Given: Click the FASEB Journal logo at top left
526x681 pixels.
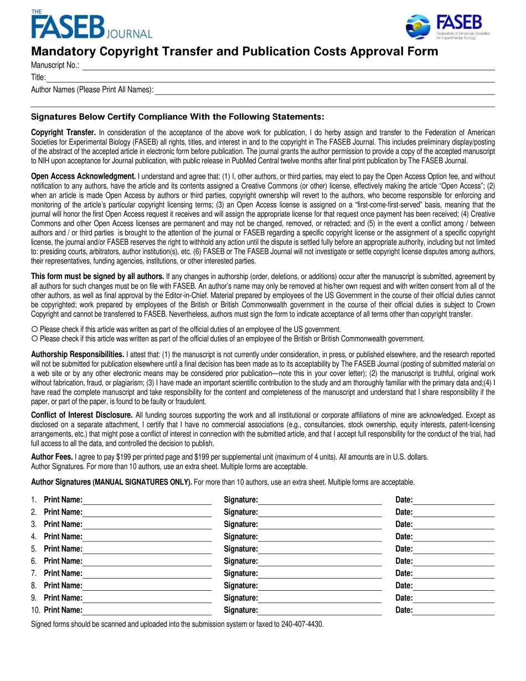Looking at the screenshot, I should tap(91, 25).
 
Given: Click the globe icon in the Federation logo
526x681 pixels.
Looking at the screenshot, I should tap(419, 27).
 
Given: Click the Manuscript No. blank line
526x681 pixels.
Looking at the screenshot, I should tap(288, 66).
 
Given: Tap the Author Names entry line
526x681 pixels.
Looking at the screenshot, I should tap(324, 90).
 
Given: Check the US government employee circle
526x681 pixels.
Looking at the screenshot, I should tap(34, 329).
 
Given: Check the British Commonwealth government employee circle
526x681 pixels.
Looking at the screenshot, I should tap(34, 338).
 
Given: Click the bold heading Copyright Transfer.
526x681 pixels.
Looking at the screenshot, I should tap(63, 132).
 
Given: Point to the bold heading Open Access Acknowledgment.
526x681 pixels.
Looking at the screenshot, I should tap(83, 176).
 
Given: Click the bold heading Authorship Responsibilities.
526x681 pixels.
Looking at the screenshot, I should tap(77, 354).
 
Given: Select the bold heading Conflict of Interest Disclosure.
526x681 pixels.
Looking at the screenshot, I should tap(81, 415).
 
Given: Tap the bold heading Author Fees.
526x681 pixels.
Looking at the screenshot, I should tap(51, 457).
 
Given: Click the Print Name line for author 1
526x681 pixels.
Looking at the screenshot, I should tap(147, 500).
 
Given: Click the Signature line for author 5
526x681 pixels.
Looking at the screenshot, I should tap(319, 549).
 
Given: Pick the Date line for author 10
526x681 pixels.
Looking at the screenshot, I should tap(453, 610).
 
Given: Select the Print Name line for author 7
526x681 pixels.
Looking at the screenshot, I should tap(147, 574).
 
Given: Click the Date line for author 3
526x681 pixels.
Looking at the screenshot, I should tap(453, 524).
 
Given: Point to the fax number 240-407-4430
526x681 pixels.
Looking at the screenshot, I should tap(302, 624).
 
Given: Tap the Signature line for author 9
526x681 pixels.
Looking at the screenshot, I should tap(319, 598).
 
